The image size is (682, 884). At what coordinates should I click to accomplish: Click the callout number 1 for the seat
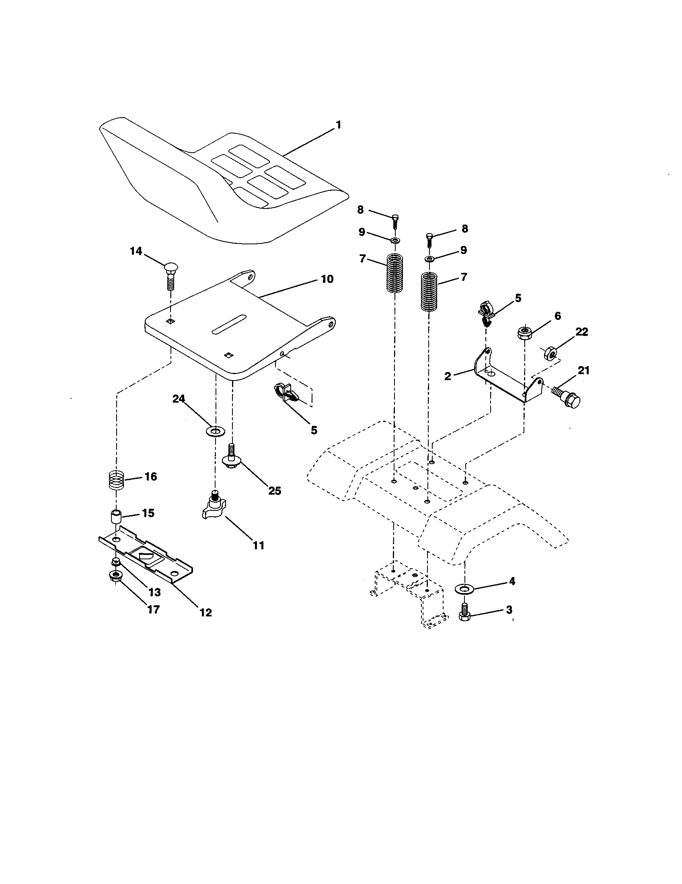tap(338, 125)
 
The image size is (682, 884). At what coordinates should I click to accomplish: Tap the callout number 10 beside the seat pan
tap(327, 279)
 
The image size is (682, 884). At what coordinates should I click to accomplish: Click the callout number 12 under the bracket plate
tap(206, 612)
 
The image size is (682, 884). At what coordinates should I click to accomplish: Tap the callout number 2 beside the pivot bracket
tap(448, 376)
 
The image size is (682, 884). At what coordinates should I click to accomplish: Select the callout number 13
tap(154, 592)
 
